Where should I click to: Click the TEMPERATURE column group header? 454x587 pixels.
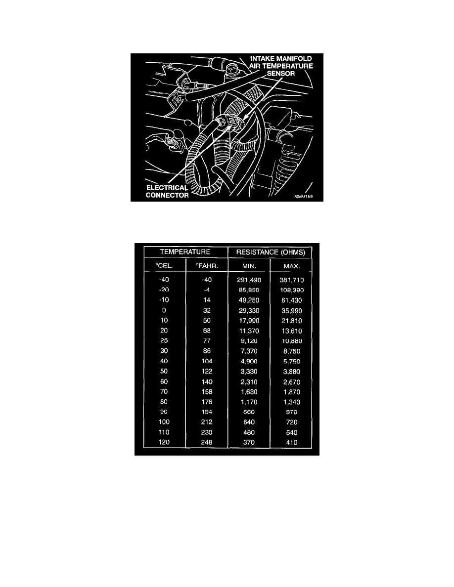pos(185,252)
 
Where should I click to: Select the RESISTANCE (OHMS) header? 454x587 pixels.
pos(270,252)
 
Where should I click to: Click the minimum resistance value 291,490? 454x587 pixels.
pos(249,280)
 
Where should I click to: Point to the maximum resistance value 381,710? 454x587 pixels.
pos(291,280)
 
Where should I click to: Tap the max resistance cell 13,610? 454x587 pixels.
pos(291,330)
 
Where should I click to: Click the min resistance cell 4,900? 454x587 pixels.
pos(249,361)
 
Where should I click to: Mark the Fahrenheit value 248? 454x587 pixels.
pos(207,443)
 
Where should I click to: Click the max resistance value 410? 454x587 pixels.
pos(291,443)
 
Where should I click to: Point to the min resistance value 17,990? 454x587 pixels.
pos(249,320)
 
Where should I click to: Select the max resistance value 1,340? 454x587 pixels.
pos(291,402)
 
